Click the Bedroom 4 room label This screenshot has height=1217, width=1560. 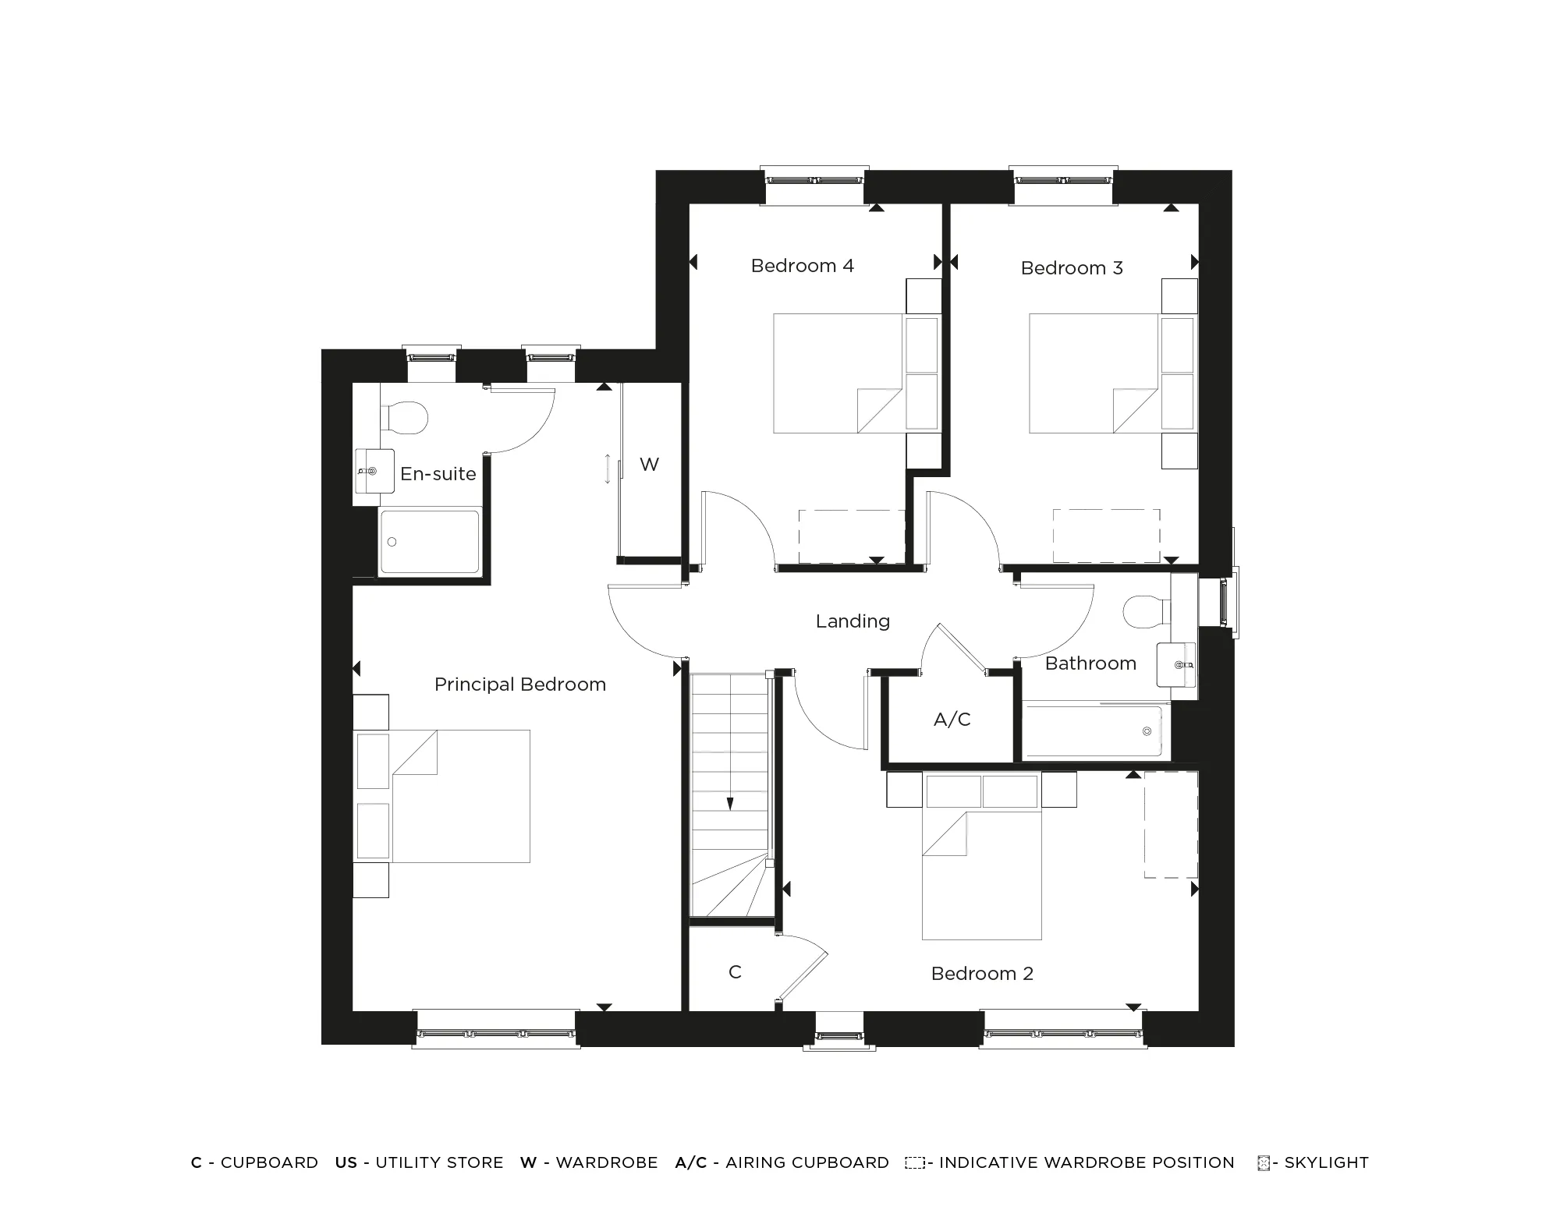pyautogui.click(x=802, y=266)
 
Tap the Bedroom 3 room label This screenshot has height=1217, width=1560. pyautogui.click(x=1071, y=268)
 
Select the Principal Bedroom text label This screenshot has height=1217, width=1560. pyautogui.click(x=519, y=685)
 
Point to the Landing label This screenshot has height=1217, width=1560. pyautogui.click(x=853, y=621)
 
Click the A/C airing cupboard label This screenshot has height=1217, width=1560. pyautogui.click(x=952, y=720)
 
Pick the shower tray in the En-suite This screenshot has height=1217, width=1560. pyautogui.click(x=429, y=541)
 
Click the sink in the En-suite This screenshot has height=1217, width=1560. pyautogui.click(x=374, y=471)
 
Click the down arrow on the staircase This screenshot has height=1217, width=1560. pyautogui.click(x=730, y=803)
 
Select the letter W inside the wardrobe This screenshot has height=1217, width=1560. pyautogui.click(x=649, y=465)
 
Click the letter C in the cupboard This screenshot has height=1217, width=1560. pyautogui.click(x=735, y=972)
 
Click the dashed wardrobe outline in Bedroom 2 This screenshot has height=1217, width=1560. pyautogui.click(x=1171, y=825)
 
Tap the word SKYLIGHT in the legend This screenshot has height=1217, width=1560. pyautogui.click(x=1326, y=1162)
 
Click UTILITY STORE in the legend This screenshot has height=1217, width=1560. pyautogui.click(x=438, y=1162)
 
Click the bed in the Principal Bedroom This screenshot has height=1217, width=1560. pyautogui.click(x=460, y=796)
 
